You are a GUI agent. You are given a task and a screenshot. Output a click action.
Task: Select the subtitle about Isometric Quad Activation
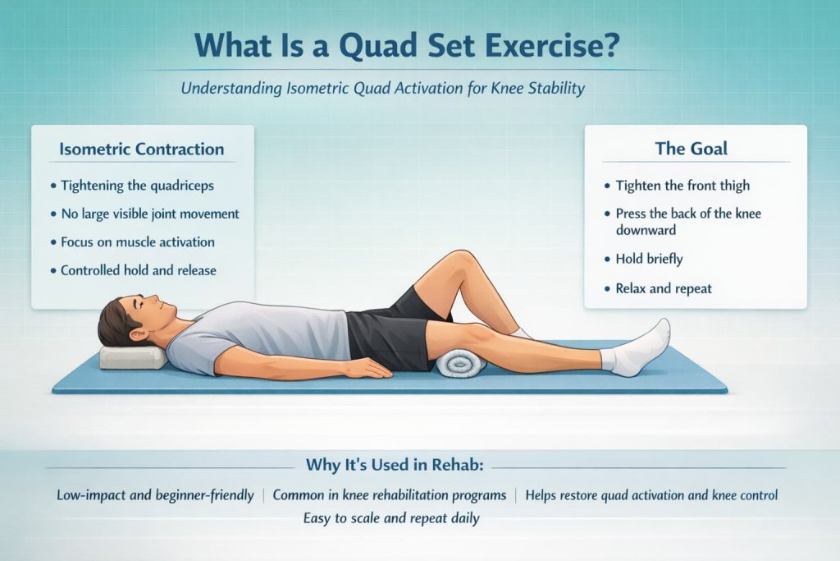point(383,88)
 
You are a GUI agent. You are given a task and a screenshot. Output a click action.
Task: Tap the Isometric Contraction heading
point(142,149)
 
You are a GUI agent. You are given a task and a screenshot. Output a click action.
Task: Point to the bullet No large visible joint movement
point(150,214)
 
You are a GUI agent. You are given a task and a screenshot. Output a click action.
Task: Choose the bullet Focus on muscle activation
point(138,241)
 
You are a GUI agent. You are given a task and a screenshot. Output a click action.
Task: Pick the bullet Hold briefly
point(649,259)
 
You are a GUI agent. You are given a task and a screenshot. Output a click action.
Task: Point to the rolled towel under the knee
point(460,362)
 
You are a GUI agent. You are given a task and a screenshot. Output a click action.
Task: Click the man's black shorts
point(390,329)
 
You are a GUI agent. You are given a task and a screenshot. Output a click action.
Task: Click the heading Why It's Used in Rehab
point(395,465)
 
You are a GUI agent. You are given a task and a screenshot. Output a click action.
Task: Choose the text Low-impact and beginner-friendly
point(155,495)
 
